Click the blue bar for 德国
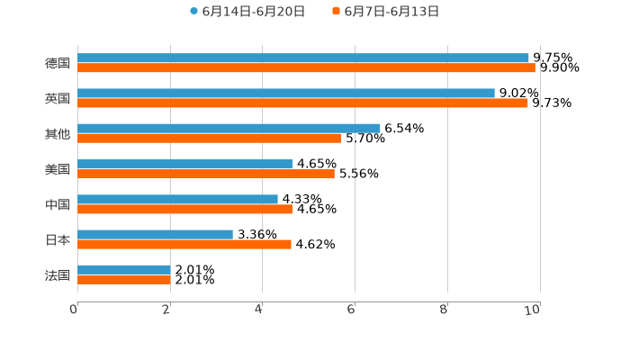303,58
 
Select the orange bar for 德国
306,67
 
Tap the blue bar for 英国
286,93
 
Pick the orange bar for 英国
302,103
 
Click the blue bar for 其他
229,128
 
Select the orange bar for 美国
206,174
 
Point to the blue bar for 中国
177,199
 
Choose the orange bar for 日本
184,244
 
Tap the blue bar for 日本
155,234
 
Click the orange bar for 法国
124,280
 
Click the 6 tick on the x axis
351,310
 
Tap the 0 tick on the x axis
74,310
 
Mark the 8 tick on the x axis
444,310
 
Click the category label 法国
58,275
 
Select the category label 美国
58,169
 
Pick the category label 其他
58,133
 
